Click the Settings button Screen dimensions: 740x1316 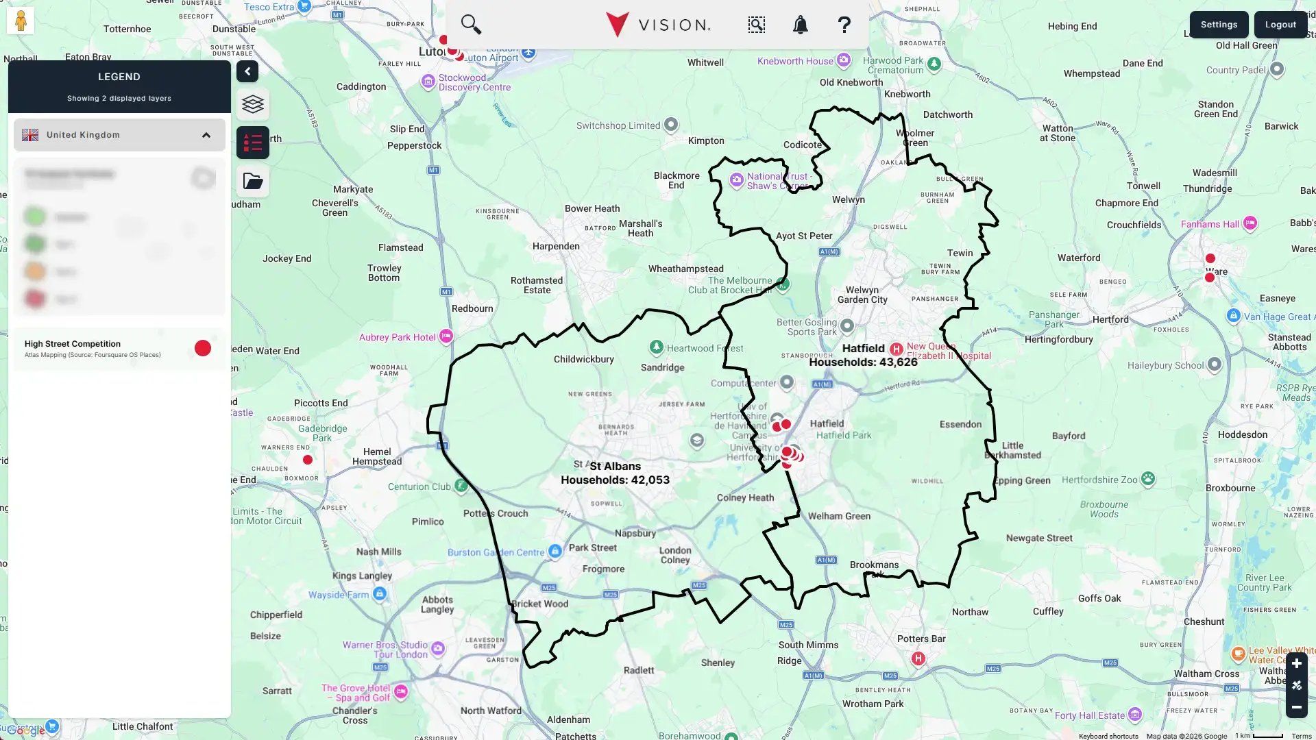(x=1219, y=25)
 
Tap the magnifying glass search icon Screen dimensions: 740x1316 (x=471, y=25)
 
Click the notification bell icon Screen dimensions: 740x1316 (x=800, y=25)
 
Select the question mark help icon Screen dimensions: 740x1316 (x=844, y=25)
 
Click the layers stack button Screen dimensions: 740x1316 (x=253, y=104)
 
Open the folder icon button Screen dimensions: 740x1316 (x=253, y=182)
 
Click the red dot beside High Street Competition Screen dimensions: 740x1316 (x=203, y=349)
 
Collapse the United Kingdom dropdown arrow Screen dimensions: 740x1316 (x=206, y=135)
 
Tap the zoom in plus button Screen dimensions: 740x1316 (x=1296, y=664)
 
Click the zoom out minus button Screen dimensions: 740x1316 (x=1296, y=707)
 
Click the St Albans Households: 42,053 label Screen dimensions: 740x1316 (x=615, y=473)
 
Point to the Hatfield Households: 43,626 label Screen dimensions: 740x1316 (x=863, y=356)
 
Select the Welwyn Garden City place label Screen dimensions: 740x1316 (x=862, y=295)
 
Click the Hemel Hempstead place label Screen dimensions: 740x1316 (x=377, y=457)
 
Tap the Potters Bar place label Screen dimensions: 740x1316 (x=921, y=639)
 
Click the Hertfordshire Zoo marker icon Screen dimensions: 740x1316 (x=1148, y=479)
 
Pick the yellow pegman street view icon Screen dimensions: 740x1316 (x=21, y=21)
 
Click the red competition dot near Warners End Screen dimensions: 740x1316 (x=308, y=460)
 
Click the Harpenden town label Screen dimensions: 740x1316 (x=555, y=247)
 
